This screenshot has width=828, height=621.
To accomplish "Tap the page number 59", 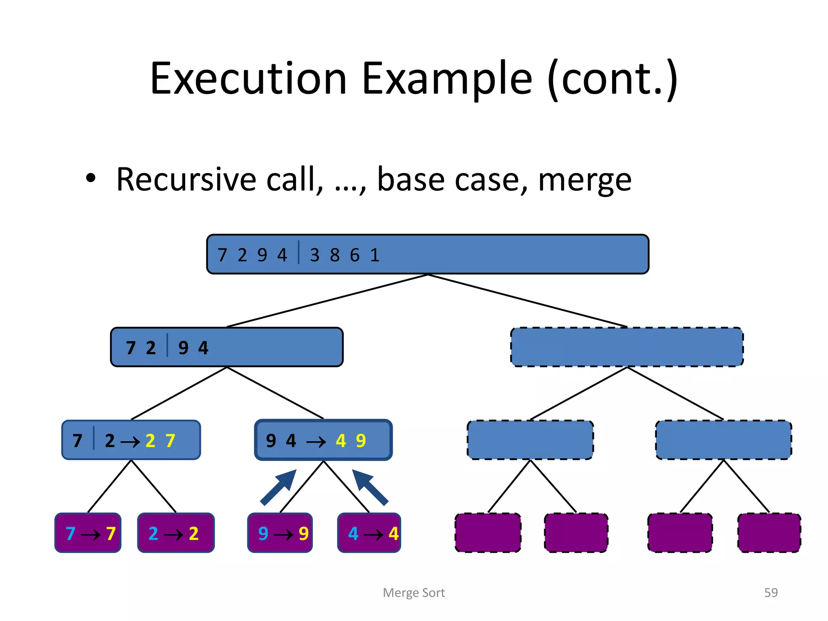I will click(771, 592).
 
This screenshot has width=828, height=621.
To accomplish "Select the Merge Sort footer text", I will click(414, 593).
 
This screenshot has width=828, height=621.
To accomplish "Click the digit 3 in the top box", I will click(315, 255).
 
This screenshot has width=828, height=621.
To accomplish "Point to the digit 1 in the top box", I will click(375, 255).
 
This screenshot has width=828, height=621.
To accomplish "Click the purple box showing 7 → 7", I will click(88, 533).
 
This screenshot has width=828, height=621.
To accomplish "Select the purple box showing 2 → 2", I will click(176, 533).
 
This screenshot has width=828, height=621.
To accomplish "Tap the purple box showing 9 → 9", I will click(280, 533).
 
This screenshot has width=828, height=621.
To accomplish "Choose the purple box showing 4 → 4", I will click(369, 533).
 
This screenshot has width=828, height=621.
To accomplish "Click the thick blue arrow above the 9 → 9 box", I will click(279, 487).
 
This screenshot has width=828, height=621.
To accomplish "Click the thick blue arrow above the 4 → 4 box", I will click(370, 487).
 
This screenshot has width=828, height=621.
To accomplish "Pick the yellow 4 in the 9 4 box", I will click(341, 441).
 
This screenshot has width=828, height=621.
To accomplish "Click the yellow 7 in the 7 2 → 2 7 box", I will click(170, 441).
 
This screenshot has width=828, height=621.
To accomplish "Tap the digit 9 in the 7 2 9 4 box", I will click(183, 348).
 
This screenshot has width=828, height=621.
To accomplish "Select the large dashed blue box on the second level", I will click(627, 347).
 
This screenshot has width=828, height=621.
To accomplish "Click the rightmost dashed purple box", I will click(769, 533).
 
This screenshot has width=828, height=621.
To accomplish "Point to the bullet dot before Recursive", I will click(91, 178).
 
